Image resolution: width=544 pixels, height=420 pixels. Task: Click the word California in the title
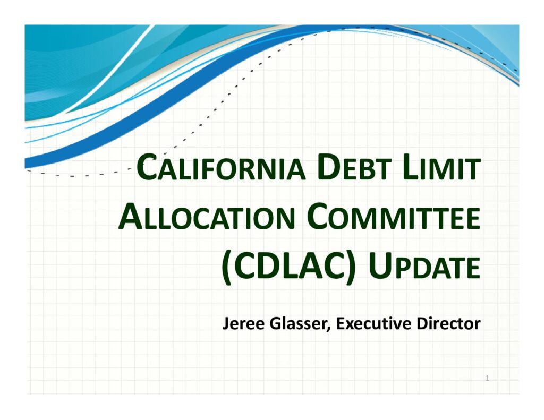click(x=222, y=167)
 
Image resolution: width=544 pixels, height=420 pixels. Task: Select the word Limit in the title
click(x=441, y=167)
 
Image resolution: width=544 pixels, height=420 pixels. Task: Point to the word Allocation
click(x=207, y=217)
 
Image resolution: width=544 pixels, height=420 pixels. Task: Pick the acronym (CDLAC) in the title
click(x=288, y=267)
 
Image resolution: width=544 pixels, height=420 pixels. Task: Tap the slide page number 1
click(x=488, y=378)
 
